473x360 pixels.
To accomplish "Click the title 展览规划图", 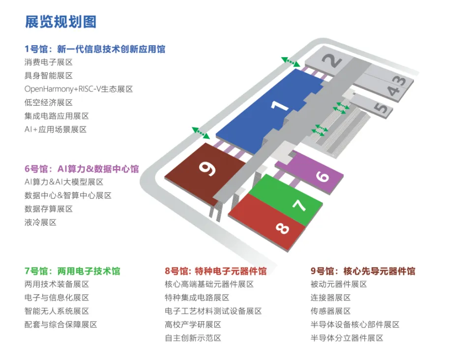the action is tap(60, 22).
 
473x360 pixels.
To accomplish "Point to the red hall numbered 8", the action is tap(275, 224).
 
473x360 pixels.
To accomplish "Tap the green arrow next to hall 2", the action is tap(291, 62).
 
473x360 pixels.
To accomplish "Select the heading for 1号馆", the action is tap(95, 49).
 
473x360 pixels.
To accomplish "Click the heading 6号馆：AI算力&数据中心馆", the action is tap(82, 169).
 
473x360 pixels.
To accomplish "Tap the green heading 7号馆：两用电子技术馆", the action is tap(72, 271).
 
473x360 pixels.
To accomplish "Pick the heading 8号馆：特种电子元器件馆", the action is tap(216, 271).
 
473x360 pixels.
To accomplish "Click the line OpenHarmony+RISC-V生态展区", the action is tap(79, 89).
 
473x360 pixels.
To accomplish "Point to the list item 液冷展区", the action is tap(40, 222).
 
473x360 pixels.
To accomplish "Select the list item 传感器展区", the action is tap(330, 311).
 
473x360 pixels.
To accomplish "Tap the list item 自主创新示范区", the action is tap(193, 338).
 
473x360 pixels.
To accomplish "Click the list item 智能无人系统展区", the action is tap(57, 311).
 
